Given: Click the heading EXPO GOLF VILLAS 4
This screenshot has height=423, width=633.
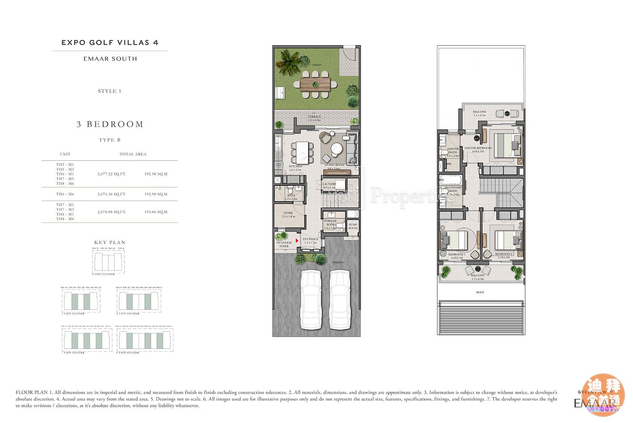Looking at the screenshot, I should pos(110,43).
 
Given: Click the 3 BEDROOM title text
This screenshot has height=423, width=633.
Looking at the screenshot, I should pos(110,124).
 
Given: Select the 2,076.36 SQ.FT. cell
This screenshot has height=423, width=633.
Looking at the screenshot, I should pos(111,194).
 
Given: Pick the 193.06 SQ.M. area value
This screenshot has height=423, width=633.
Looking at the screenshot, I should pos(156,212).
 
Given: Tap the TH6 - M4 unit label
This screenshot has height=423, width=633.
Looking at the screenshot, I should pos(65,194).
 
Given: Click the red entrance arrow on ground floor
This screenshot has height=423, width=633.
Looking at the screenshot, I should pos(297,240).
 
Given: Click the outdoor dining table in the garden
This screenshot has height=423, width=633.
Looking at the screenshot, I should pos(315,85).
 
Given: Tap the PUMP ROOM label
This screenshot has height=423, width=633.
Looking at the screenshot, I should pos(353,226).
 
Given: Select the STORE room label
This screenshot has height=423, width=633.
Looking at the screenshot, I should pos(288,215).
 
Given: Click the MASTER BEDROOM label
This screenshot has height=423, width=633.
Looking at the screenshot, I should pos(478,148).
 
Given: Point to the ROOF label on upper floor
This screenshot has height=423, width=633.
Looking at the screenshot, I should pos(480,292).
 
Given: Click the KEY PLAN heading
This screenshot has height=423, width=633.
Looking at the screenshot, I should pos(110,242).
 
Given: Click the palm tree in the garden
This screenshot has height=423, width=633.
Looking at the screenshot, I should pos(290,64).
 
